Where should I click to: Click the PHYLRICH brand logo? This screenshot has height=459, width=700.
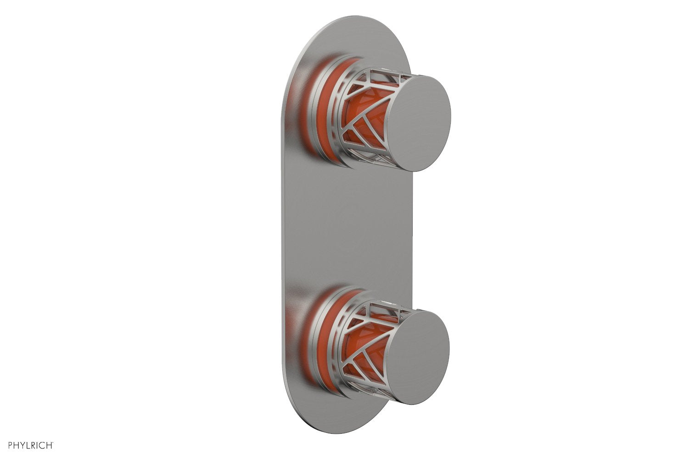(x=28, y=445)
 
